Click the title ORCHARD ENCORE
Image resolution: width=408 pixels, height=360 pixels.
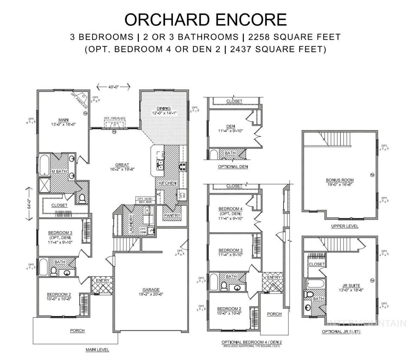coord(205,20)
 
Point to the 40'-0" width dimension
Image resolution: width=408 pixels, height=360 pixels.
coord(113,86)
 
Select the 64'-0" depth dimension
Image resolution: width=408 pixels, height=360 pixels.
coord(29,204)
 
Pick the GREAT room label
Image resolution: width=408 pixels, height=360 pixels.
coord(122,165)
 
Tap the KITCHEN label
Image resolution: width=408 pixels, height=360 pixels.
coord(167,183)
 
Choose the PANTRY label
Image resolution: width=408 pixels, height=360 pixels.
coord(172,216)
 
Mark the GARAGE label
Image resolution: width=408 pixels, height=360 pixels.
coord(151,290)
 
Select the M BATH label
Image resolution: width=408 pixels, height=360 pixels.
coord(59,171)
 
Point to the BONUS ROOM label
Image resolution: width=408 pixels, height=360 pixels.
coord(339,180)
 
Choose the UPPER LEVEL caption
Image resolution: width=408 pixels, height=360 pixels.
coord(345,226)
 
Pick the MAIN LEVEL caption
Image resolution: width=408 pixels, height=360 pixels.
coord(97,349)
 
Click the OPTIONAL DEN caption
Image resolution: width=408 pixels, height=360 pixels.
coord(233,167)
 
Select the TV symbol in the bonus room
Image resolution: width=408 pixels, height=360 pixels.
coord(372,175)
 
